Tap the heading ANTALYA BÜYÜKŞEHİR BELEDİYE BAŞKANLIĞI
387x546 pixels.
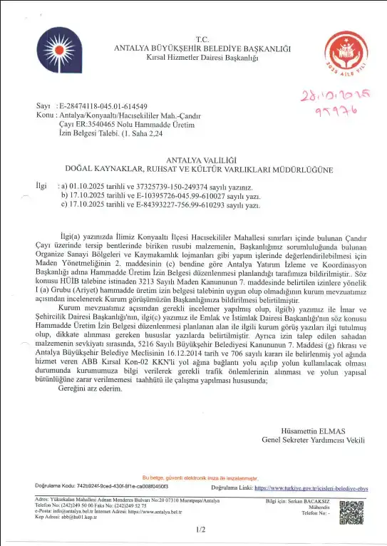202,48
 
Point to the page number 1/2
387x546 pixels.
200,530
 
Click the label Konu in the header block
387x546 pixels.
44,114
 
